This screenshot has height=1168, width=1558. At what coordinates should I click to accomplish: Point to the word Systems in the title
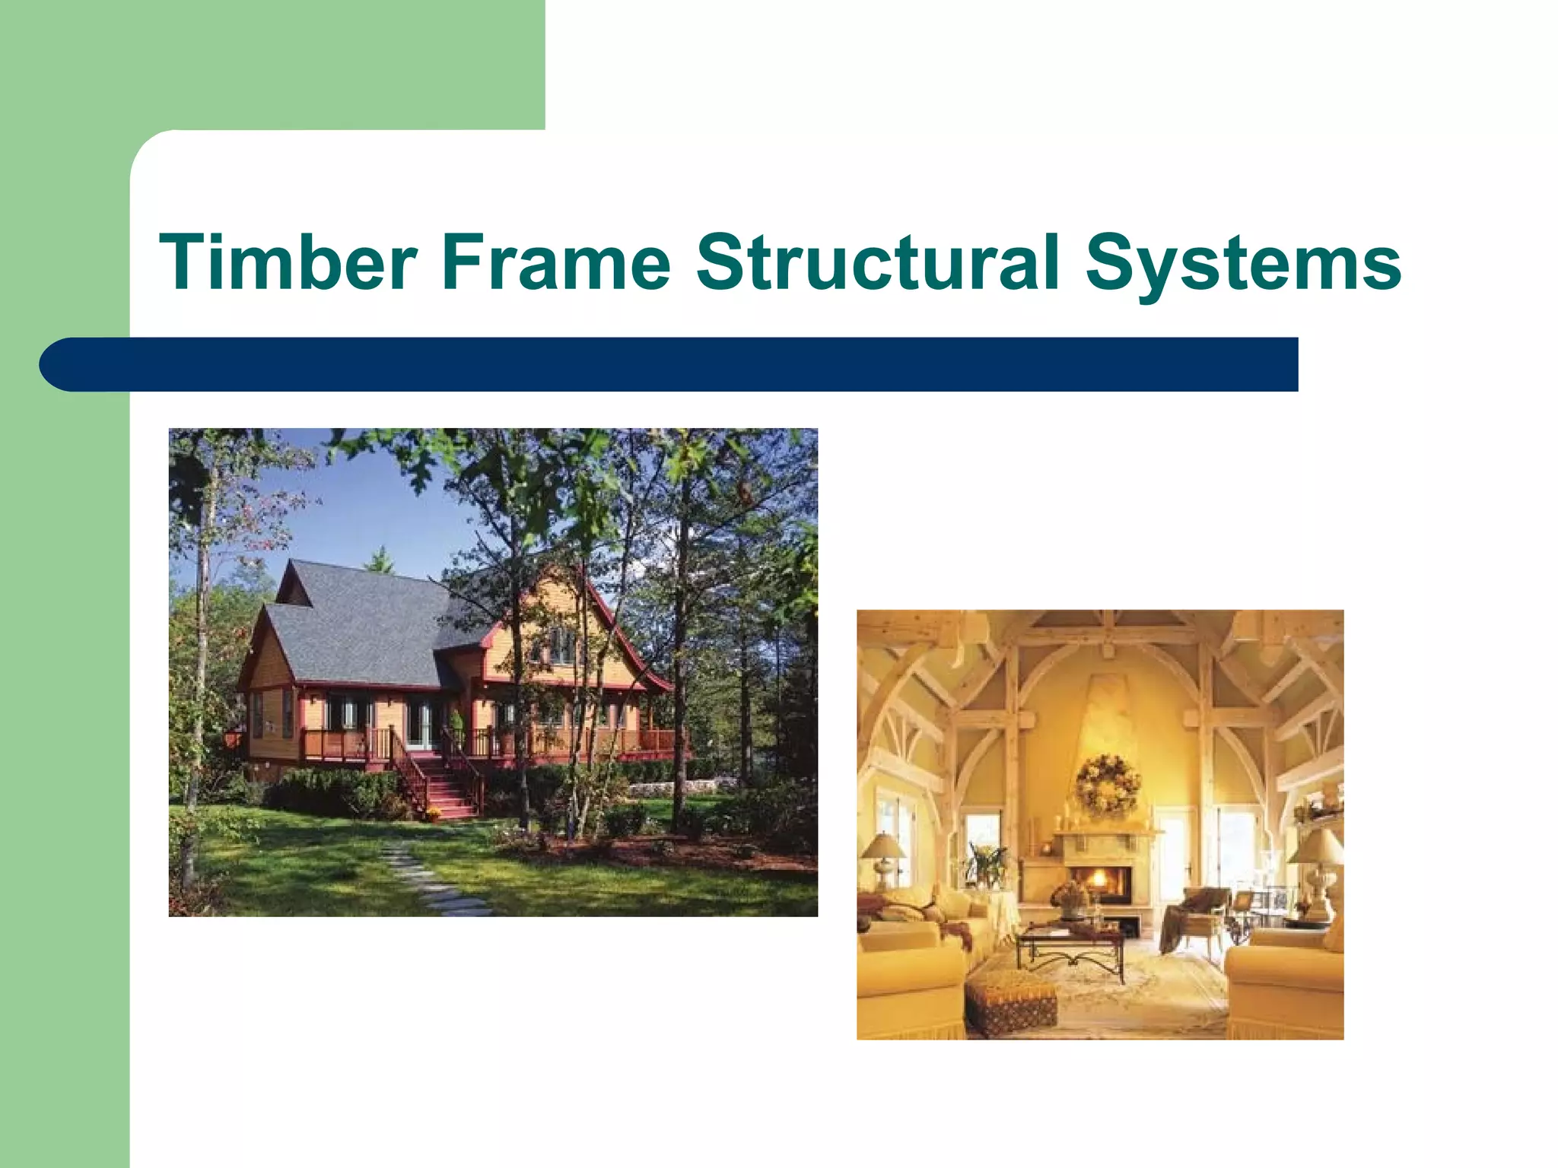(x=1242, y=265)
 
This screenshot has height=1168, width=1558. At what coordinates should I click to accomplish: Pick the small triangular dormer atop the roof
(x=292, y=586)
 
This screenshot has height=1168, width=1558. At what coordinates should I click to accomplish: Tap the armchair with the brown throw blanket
(x=1195, y=917)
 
